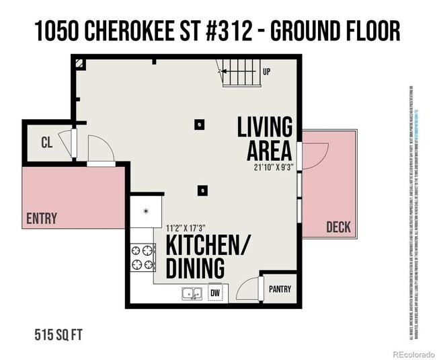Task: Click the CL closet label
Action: pos(46,142)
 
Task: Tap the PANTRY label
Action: pos(280,289)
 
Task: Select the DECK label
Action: pos(338,227)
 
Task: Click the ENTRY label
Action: pos(42,218)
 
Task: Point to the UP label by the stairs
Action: pos(266,71)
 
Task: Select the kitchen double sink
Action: pos(192,293)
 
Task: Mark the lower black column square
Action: pos(202,190)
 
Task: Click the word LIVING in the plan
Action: pos(265,127)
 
